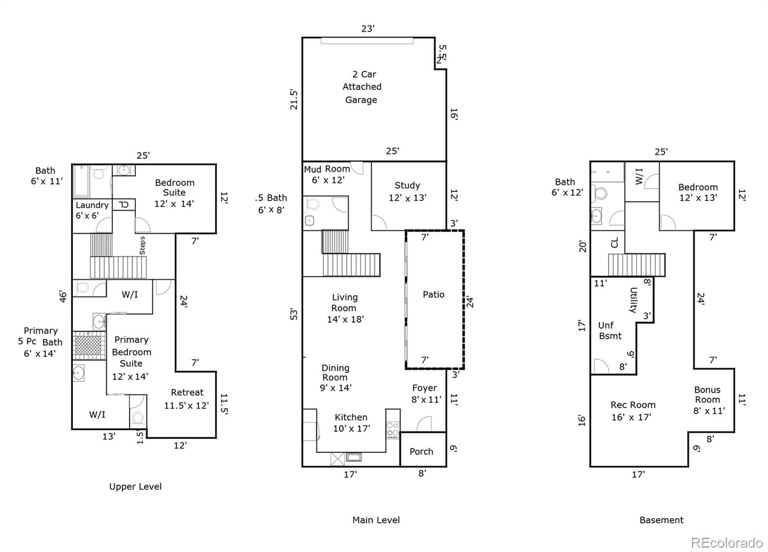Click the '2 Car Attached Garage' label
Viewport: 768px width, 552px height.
pyautogui.click(x=361, y=87)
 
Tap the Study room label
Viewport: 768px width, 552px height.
pyautogui.click(x=407, y=191)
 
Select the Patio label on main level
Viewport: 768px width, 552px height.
pyautogui.click(x=433, y=294)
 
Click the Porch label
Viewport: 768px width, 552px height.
pyautogui.click(x=421, y=452)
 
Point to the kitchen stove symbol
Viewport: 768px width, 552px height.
pyautogui.click(x=393, y=429)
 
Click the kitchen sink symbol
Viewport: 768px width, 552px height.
pyautogui.click(x=354, y=457)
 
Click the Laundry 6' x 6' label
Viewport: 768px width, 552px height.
pyautogui.click(x=92, y=210)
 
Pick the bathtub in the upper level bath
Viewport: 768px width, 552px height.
pyautogui.click(x=81, y=182)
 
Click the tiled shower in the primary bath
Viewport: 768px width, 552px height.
pyautogui.click(x=89, y=345)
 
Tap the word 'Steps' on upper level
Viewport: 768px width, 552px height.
pyautogui.click(x=142, y=245)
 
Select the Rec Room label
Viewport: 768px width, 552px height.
pyautogui.click(x=632, y=411)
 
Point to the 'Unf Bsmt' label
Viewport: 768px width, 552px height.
pyautogui.click(x=609, y=331)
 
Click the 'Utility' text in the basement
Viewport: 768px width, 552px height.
pyautogui.click(x=633, y=300)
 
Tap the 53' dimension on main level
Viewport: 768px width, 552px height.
pyautogui.click(x=294, y=314)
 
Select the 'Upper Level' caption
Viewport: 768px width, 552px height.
pyautogui.click(x=135, y=487)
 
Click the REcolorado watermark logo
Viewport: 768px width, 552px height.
pyautogui.click(x=726, y=543)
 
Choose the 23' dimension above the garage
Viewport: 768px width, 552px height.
pyautogui.click(x=368, y=29)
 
